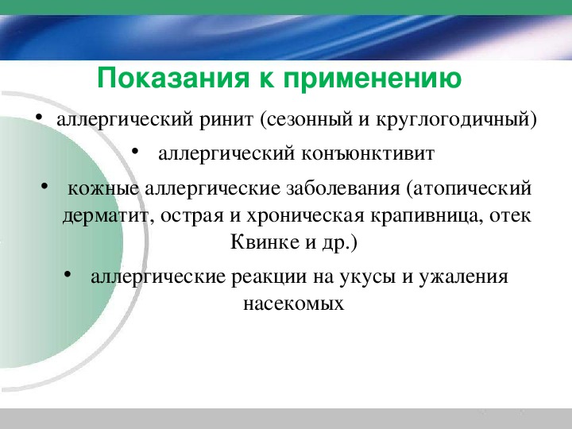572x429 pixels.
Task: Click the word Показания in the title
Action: point(173,79)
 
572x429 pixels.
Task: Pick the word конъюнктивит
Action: point(368,153)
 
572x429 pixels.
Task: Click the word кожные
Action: point(103,189)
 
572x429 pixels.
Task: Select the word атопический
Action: point(472,189)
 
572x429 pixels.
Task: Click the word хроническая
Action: point(305,216)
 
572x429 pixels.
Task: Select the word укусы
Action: point(367,277)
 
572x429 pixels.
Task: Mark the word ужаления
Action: point(463,276)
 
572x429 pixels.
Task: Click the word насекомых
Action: point(294,303)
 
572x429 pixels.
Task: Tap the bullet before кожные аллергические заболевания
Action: point(44,186)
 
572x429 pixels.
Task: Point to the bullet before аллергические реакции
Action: point(67,274)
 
